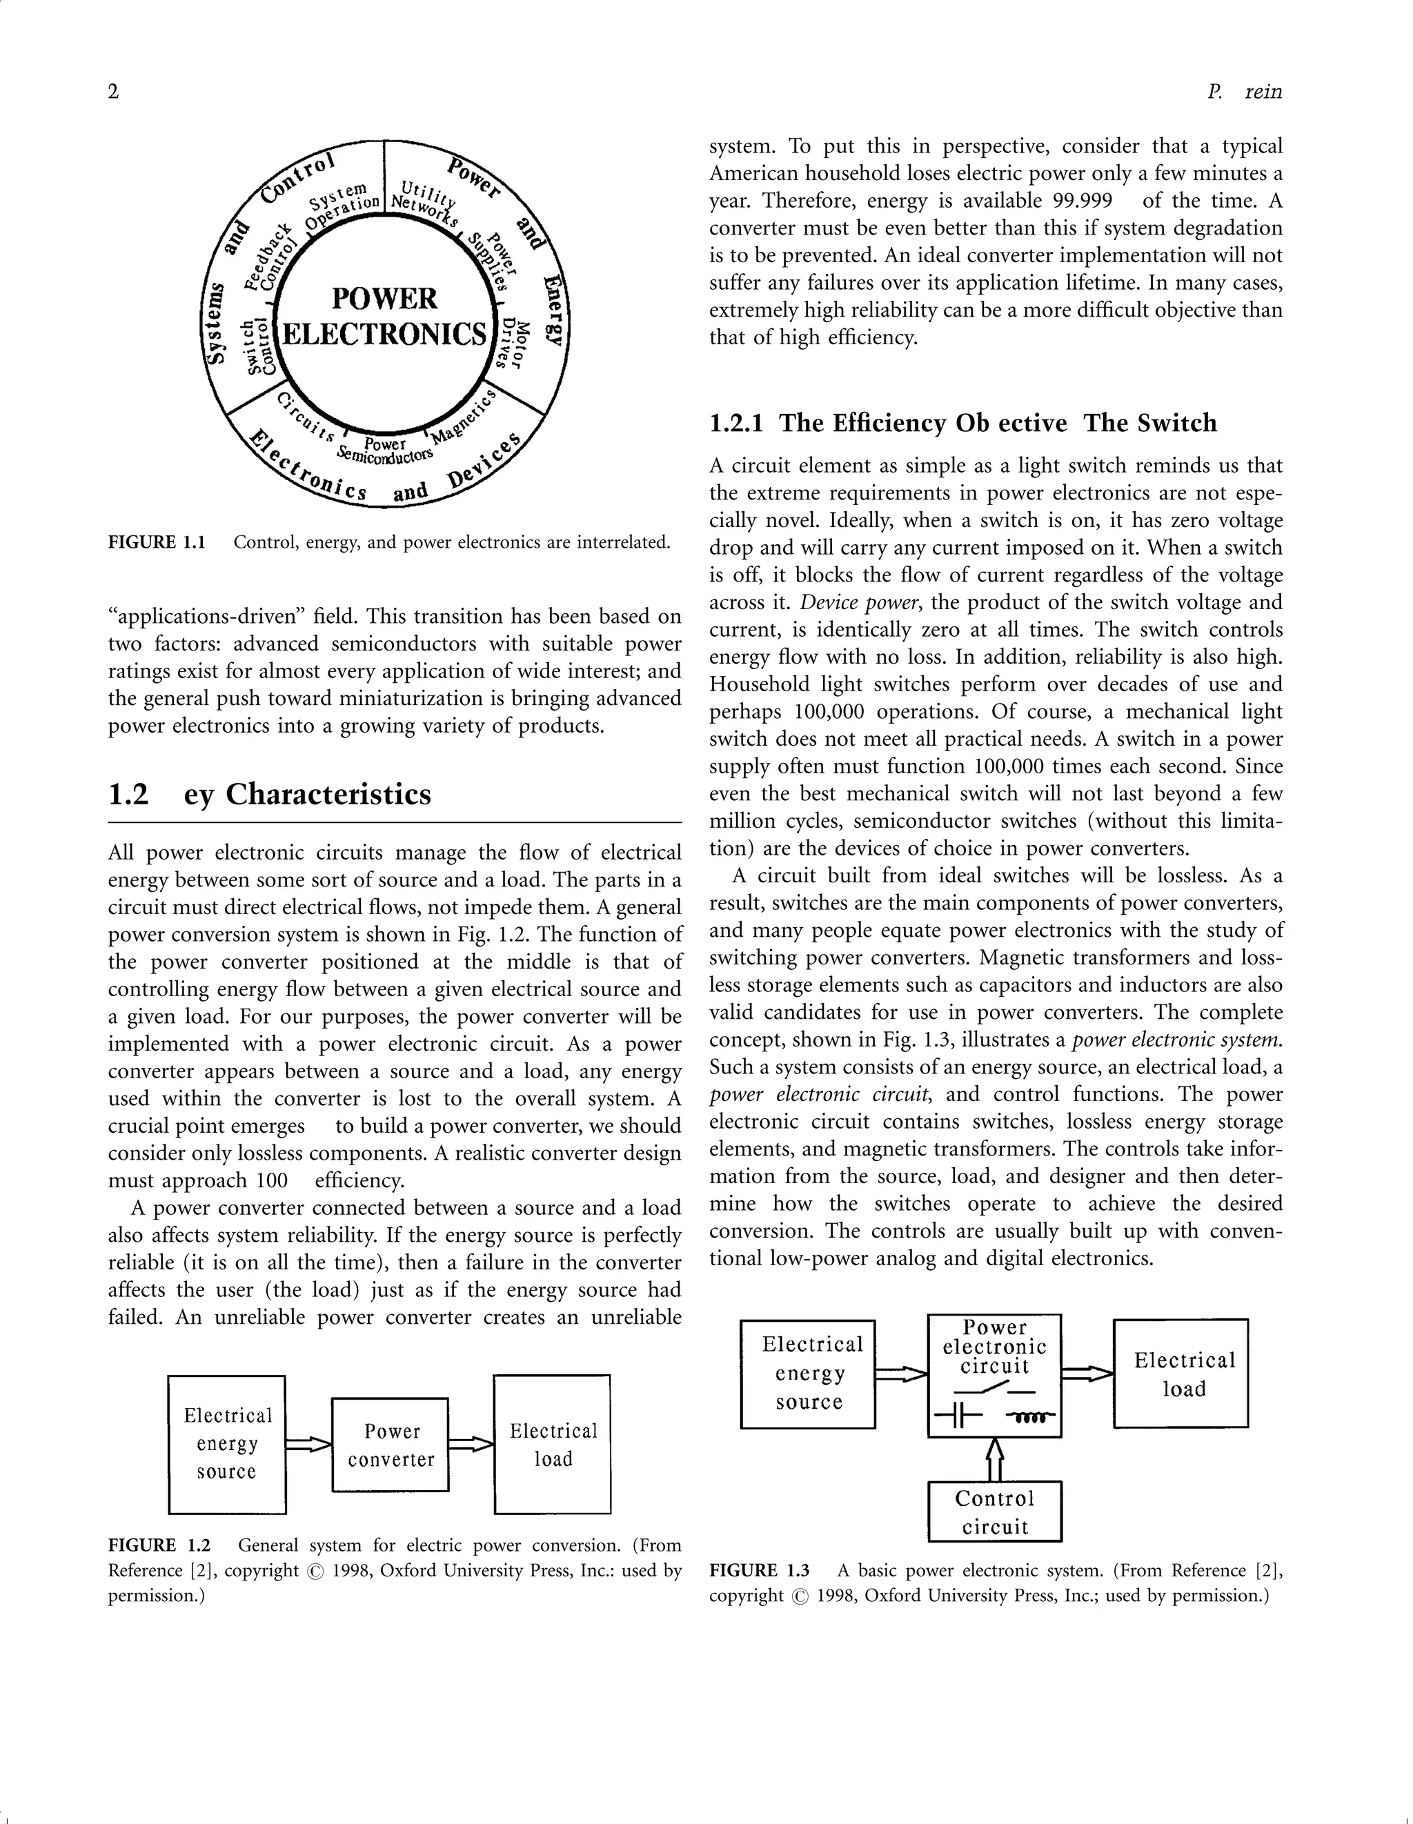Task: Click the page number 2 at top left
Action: pos(114,91)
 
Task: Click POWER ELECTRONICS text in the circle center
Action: pos(384,317)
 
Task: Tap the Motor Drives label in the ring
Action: pos(513,344)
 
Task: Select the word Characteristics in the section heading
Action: pos(328,793)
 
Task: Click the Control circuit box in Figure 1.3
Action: pos(995,1512)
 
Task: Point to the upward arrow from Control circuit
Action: pos(994,1459)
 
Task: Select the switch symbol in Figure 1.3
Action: pos(994,1389)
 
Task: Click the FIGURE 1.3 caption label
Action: pos(759,1571)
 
